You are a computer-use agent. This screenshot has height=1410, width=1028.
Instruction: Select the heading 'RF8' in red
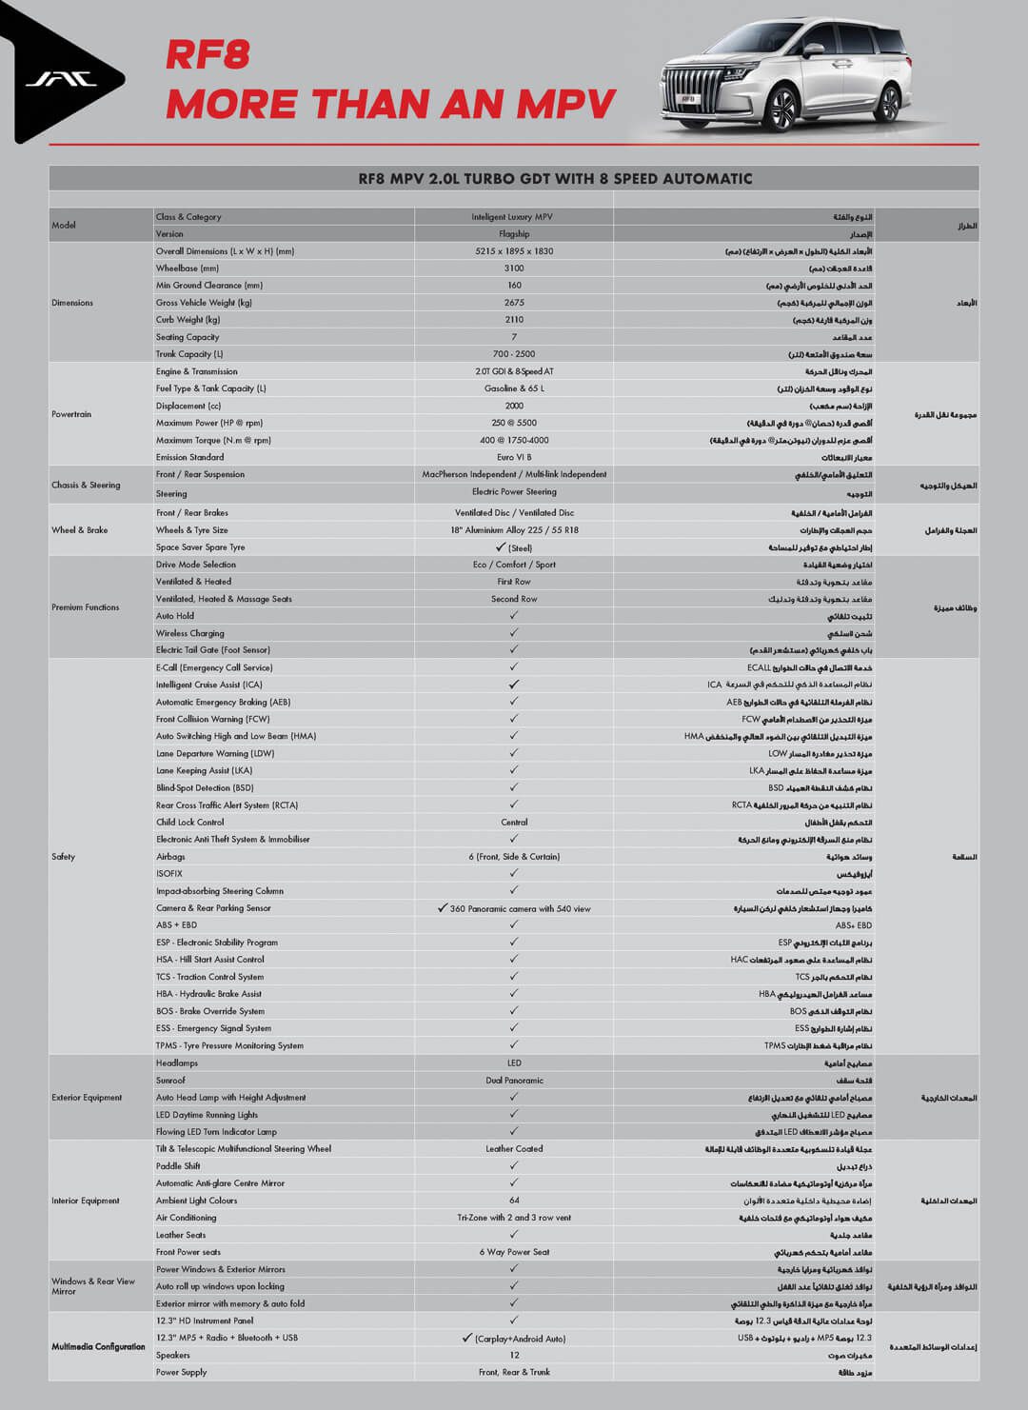208,54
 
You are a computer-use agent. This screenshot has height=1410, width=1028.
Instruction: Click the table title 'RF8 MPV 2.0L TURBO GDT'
514,178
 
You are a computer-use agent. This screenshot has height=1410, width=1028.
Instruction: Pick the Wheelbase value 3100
514,268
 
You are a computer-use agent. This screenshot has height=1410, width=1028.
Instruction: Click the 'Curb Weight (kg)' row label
188,320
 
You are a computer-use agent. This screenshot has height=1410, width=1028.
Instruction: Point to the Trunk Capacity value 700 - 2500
514,354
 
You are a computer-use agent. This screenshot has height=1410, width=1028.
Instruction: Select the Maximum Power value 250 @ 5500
514,423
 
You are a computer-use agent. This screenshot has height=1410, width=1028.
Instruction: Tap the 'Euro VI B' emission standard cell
514,457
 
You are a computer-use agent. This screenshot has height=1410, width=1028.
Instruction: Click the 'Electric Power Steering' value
514,492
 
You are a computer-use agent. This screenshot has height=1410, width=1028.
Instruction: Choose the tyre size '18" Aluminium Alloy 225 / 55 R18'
514,530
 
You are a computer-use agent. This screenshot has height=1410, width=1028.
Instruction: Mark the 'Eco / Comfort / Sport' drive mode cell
514,565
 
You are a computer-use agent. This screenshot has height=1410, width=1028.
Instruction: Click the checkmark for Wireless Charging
514,633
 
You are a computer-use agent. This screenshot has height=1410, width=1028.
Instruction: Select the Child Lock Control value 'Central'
514,823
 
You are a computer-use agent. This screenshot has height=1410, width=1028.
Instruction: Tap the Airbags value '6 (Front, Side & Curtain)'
514,857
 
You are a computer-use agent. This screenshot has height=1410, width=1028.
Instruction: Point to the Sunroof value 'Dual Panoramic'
514,1081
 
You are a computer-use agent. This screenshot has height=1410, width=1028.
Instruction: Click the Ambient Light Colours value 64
514,1201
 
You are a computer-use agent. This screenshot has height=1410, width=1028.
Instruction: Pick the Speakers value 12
514,1355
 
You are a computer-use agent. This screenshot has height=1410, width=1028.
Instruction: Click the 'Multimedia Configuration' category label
98,1347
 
